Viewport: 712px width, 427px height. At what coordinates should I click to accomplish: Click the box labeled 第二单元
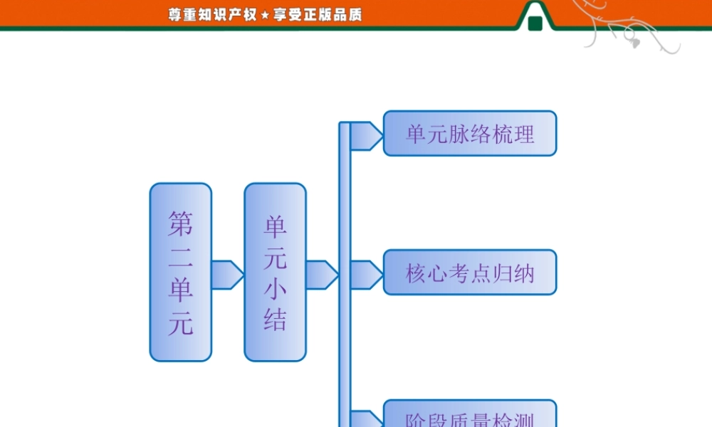181,272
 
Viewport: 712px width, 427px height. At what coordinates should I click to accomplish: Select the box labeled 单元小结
275,272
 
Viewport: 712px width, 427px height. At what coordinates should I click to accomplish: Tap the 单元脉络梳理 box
470,133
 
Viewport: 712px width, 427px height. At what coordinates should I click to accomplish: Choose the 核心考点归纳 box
470,272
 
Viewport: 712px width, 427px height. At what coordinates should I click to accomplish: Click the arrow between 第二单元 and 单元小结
227,275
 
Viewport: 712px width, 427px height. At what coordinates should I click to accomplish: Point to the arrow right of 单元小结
321,275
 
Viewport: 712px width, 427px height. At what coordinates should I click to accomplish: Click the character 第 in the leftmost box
181,224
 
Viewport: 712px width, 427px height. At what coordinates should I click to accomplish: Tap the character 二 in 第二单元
181,258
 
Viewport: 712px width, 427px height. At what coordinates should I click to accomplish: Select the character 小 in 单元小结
275,290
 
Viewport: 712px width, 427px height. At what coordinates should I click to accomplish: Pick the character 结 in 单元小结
275,320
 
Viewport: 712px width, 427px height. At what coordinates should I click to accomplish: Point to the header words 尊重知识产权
212,15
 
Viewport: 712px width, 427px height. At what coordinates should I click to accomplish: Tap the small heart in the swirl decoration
635,43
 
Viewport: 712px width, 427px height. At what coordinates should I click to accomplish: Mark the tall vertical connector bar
345,278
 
